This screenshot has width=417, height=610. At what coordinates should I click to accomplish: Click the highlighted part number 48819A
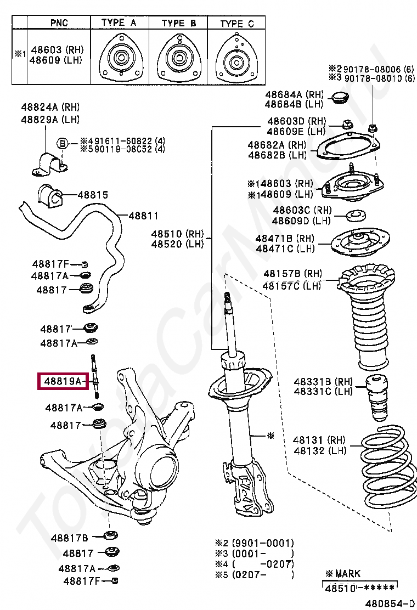pos(63,380)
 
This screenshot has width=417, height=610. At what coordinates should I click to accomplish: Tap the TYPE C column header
pos(237,23)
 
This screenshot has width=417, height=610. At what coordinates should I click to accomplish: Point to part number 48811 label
pos(143,216)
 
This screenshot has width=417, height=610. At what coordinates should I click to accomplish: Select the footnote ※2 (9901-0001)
pos(255,543)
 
